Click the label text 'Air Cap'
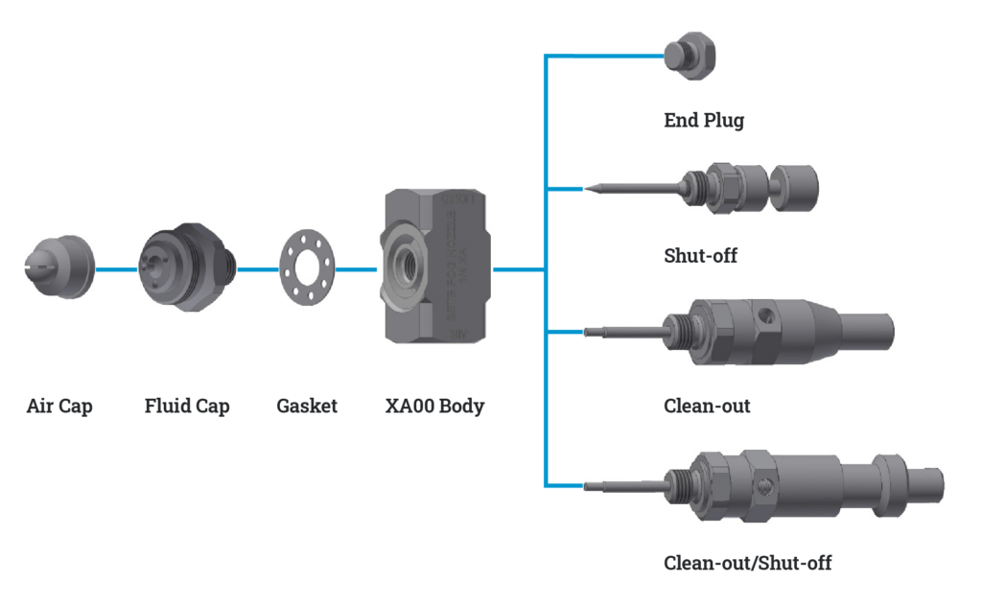[x=59, y=406]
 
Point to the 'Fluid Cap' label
[x=187, y=406]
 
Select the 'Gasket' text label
[x=307, y=406]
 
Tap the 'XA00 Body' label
[x=434, y=406]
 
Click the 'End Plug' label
[x=704, y=121]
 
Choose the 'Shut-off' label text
[x=700, y=256]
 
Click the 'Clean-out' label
[x=707, y=406]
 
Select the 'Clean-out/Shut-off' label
[x=747, y=563]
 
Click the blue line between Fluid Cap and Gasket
[x=256, y=269]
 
